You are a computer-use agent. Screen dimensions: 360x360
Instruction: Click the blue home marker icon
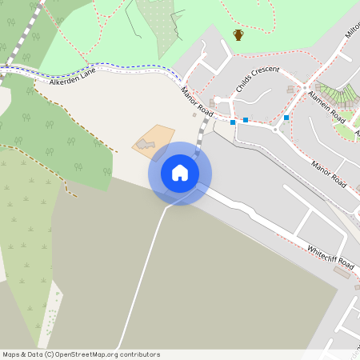(x=180, y=173)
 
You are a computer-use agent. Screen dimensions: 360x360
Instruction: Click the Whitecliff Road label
(x=330, y=256)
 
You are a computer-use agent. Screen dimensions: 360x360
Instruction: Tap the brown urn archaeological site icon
(x=238, y=34)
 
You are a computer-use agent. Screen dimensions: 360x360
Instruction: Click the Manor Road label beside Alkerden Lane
(x=195, y=100)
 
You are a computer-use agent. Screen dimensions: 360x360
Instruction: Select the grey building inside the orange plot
(x=145, y=143)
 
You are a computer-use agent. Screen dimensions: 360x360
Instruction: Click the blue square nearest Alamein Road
(x=286, y=118)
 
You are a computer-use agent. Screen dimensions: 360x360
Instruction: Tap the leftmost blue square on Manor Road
(x=232, y=122)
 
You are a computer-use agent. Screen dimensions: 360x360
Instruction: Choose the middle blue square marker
(x=246, y=120)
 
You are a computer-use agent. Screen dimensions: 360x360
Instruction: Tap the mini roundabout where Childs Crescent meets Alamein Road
(x=304, y=87)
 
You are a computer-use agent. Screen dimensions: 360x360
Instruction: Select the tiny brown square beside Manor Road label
(x=194, y=115)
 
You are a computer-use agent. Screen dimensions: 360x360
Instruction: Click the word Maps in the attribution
(x=12, y=354)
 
